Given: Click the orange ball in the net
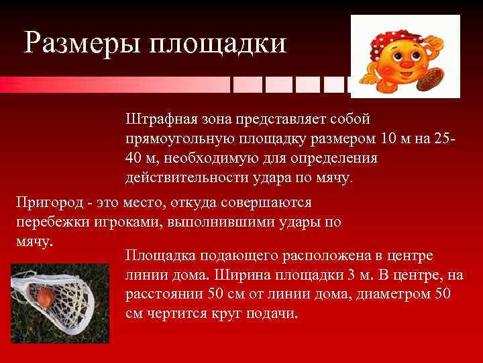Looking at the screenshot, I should pos(44,296).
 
